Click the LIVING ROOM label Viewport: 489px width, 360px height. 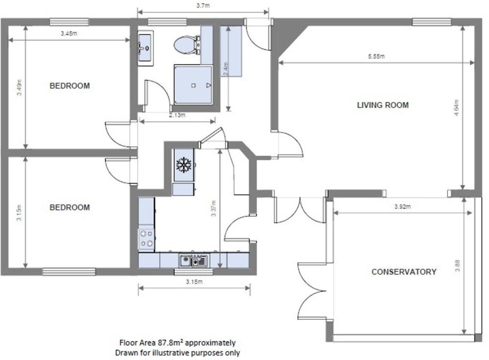(383, 105)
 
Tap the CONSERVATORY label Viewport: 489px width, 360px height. (404, 272)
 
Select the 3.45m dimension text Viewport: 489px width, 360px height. (68, 33)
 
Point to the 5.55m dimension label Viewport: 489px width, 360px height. (377, 56)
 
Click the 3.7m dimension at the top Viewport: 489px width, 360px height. (203, 5)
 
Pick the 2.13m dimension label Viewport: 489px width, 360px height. (177, 115)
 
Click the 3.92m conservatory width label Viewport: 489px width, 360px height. (402, 206)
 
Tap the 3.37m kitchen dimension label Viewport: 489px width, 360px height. (214, 208)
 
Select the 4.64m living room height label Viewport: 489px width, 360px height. (456, 108)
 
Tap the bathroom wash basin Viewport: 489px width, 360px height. (145, 48)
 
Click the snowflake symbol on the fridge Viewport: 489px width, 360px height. (184, 165)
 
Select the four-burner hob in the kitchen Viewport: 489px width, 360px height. (146, 239)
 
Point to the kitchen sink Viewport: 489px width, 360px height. (193, 261)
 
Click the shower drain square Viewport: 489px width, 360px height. (193, 86)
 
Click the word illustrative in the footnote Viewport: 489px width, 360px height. (171, 353)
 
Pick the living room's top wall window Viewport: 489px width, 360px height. (432, 22)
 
